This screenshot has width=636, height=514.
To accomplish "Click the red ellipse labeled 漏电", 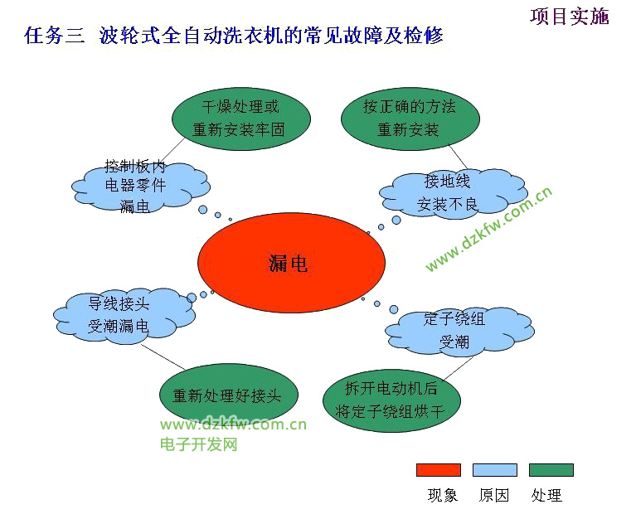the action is [x=291, y=263].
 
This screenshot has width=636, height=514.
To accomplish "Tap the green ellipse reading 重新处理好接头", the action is [x=229, y=395].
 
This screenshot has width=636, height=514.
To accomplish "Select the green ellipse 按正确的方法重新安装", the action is [x=410, y=119].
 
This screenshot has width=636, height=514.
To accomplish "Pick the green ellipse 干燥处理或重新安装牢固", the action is [x=241, y=119].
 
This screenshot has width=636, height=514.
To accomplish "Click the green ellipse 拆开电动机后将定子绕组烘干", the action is [x=392, y=400].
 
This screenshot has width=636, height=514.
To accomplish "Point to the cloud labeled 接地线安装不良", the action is [x=453, y=193].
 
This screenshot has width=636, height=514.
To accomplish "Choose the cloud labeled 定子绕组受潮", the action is [x=459, y=332].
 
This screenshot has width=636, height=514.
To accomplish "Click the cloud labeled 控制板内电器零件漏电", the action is [x=140, y=187].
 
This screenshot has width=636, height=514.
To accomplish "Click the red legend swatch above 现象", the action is [x=439, y=470].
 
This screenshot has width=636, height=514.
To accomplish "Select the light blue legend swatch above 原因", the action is [x=495, y=470].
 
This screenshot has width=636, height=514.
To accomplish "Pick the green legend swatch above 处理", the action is [x=551, y=470].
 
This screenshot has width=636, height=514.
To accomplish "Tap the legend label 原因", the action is [x=494, y=495].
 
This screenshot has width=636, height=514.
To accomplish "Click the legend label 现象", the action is [x=443, y=495].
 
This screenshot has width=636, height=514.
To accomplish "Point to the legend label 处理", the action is [x=546, y=495].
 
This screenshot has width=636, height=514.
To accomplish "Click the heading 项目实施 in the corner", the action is [x=570, y=17].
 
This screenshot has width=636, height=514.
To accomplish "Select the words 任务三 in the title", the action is [x=55, y=36].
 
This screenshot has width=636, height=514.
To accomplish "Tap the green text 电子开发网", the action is [x=199, y=444].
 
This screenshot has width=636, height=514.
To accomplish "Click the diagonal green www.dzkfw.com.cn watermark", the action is [x=488, y=229].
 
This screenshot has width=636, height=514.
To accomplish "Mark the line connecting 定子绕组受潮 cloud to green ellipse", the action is [x=459, y=368].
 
